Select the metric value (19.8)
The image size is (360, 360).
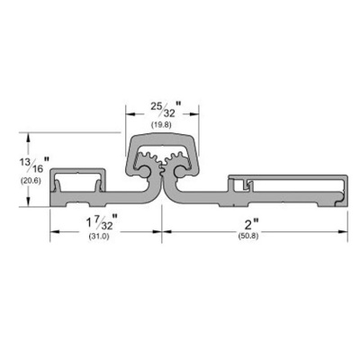tap(163, 125)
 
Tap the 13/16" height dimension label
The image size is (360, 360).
tap(32, 166)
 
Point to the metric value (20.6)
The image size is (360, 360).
tap(31, 181)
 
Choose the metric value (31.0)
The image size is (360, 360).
tap(99, 237)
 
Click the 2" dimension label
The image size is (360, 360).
tap(251, 224)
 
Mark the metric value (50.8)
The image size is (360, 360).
tap(248, 236)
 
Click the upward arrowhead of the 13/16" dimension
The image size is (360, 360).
tap(29, 138)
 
